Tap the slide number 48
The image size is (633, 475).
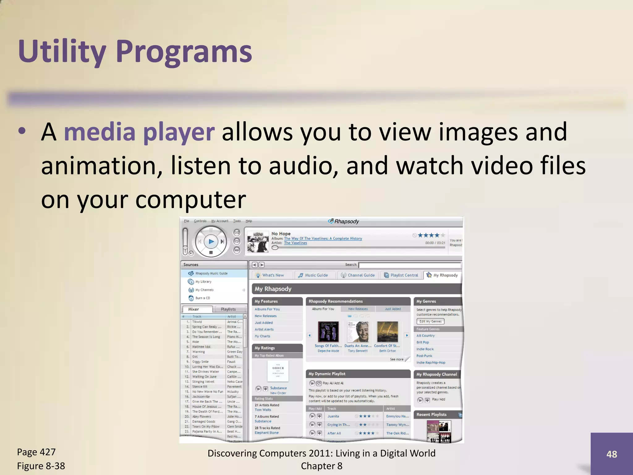pos(611,454)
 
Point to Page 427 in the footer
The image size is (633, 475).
pos(36,452)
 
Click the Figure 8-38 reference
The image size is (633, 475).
pos(41,466)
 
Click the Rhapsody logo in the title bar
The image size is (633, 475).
pos(343,221)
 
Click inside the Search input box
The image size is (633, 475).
pos(409,265)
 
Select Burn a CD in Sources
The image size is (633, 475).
pos(202,298)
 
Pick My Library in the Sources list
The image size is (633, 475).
pos(203,282)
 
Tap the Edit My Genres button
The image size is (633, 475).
pos(430,322)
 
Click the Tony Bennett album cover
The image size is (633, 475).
pos(358,332)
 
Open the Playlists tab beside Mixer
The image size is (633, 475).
pos(228,309)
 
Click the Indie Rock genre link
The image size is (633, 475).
pos(425,349)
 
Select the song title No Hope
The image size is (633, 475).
pos(281,233)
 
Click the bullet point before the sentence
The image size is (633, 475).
pos(22,131)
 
